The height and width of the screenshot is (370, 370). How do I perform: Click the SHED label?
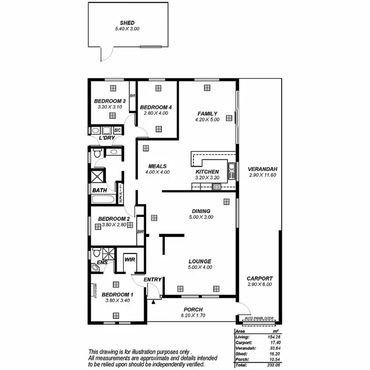[x=127, y=23]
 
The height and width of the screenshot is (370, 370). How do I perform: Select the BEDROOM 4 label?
[x=156, y=108]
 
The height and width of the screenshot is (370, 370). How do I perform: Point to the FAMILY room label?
[x=207, y=113]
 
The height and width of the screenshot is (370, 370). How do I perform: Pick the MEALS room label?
[x=157, y=166]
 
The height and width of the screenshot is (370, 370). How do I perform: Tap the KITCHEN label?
[x=207, y=172]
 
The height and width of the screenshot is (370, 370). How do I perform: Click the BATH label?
[x=99, y=190]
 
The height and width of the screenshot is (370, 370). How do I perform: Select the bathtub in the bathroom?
[x=103, y=200]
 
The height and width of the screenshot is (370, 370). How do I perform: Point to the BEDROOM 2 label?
[x=114, y=219]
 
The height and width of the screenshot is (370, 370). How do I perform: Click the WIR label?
[x=130, y=259]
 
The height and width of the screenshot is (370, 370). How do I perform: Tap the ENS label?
[x=102, y=263]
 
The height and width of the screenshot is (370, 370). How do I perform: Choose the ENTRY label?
[x=153, y=280]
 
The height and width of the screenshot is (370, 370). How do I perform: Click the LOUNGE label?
[x=200, y=261]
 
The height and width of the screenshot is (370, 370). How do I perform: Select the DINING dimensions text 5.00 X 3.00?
[x=201, y=217]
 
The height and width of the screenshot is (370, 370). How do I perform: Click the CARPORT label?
[x=260, y=279]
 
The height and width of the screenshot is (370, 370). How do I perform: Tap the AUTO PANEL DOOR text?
[x=257, y=318]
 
